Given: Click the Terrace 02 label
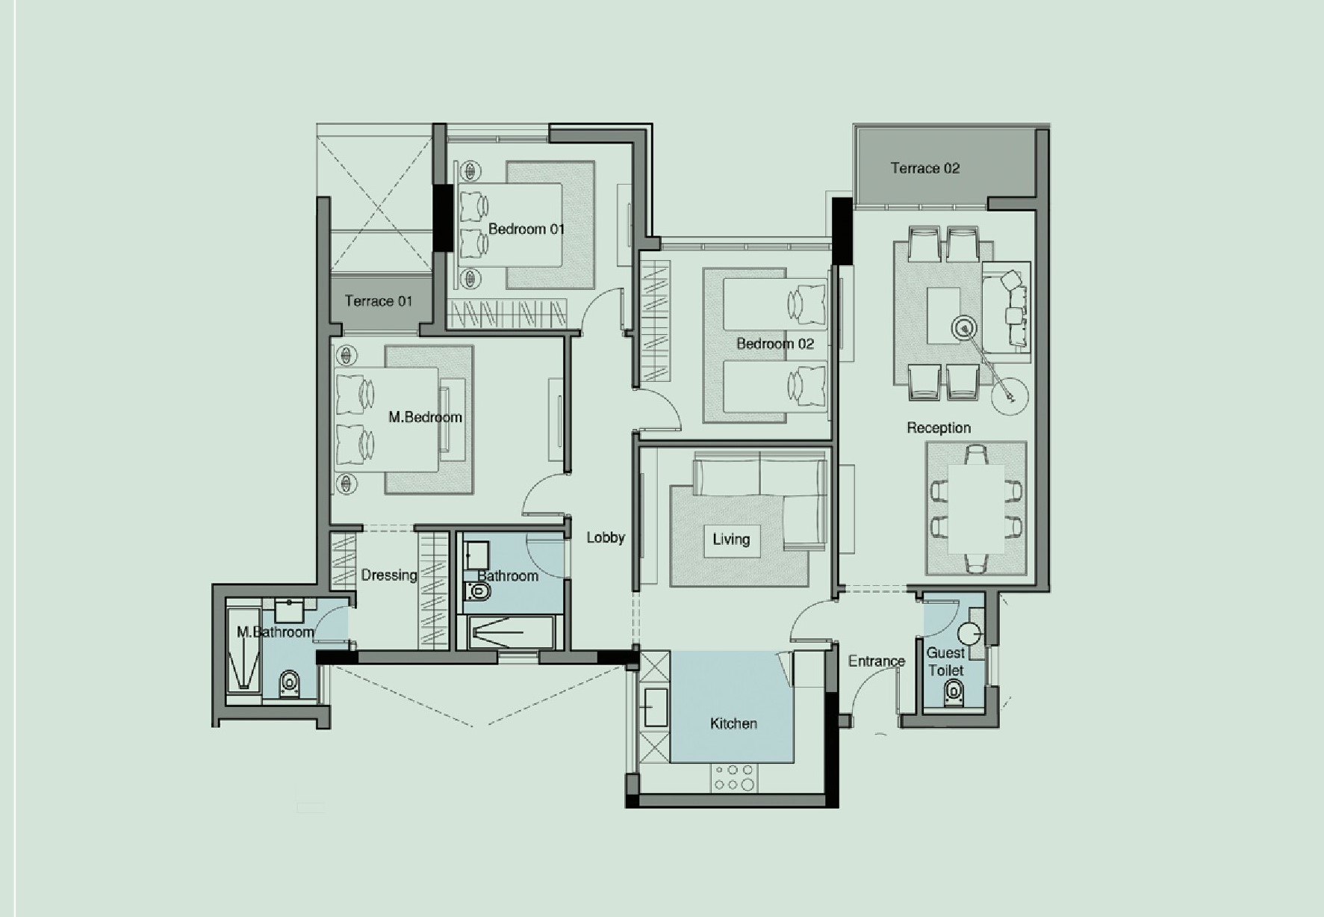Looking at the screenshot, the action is coord(924,168).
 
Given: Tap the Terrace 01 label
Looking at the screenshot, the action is coord(379,301).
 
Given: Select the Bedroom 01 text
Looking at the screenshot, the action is coord(526,229).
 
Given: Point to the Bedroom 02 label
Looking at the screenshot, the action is coord(775,344).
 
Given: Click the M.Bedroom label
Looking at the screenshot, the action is coord(425,417).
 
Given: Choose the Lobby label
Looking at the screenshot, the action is coord(606,537).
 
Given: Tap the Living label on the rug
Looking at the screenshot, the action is coord(731,539).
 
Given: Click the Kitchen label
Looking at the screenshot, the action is coord(733,723).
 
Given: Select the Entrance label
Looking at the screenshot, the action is coord(877,661).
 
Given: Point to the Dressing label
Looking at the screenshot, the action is coord(389,575).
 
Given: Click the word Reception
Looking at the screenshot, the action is coord(939,427).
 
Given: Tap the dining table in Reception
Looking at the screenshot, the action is coord(976,509).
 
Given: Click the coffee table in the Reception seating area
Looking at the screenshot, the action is coord(944,315).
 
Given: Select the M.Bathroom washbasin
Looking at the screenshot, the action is coord(289,610).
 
